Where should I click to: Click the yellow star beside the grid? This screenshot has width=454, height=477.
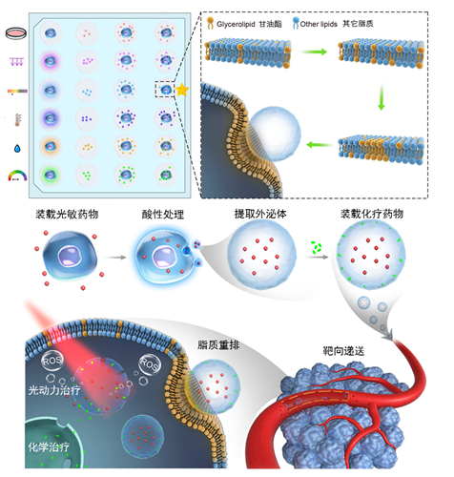point(182,90)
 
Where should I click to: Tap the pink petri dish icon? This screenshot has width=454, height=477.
point(16,33)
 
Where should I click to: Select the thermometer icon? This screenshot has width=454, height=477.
point(18,119)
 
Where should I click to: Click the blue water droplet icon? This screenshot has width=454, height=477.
point(17,148)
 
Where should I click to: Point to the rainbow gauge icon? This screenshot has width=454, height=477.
point(17,176)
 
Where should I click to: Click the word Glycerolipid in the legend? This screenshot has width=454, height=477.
point(236,24)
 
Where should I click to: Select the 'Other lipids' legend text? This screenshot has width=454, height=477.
point(319,24)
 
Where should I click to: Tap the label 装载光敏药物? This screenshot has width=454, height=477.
point(67,215)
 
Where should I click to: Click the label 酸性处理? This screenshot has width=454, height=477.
point(163,215)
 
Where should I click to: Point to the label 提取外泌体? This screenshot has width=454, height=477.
point(260,214)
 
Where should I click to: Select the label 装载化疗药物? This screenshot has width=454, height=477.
point(372,214)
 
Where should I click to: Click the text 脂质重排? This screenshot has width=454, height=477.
point(218,345)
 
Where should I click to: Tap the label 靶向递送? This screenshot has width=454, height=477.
point(343,351)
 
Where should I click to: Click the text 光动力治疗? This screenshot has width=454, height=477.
point(54,390)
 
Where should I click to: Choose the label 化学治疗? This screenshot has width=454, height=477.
point(49,447)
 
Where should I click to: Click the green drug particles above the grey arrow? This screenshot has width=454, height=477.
point(317,247)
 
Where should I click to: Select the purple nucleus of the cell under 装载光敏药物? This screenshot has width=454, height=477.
point(70,256)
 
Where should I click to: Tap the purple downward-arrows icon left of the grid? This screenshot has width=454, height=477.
point(17,62)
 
